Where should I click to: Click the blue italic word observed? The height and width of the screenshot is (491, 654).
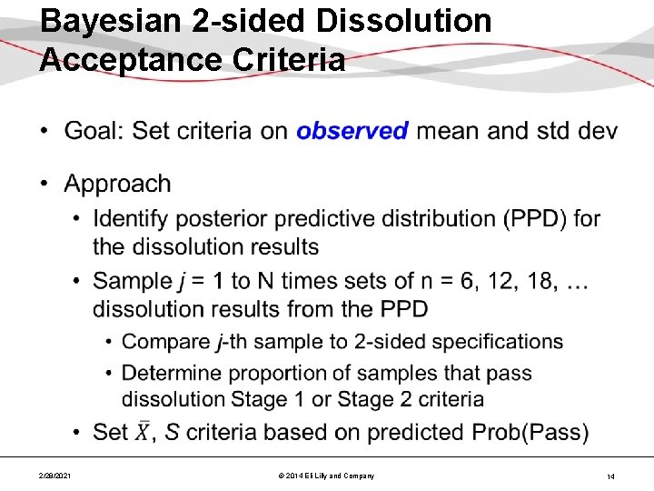(x=352, y=131)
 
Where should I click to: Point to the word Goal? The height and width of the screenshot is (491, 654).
(x=94, y=131)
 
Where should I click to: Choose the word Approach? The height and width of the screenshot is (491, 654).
(x=117, y=184)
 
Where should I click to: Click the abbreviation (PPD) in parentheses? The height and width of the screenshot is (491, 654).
(x=526, y=219)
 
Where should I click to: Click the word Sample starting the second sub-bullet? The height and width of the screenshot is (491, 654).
(x=133, y=281)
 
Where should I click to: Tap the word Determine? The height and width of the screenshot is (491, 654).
(x=172, y=373)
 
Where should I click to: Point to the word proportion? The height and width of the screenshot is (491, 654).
(x=272, y=373)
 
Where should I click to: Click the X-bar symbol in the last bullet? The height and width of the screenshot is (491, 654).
(x=144, y=432)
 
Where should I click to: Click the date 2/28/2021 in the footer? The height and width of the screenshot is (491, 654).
(x=57, y=476)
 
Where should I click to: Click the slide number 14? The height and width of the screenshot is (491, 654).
(x=610, y=476)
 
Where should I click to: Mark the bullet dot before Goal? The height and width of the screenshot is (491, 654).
(x=45, y=132)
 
